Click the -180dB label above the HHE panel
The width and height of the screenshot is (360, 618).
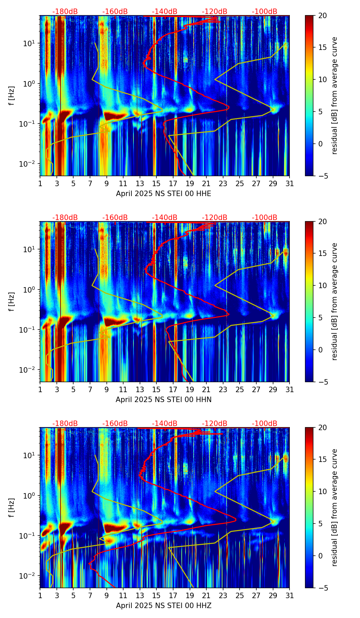tap(65, 12)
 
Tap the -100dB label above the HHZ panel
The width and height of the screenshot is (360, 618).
tap(265, 424)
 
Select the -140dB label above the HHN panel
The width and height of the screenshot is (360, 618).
tap(165, 218)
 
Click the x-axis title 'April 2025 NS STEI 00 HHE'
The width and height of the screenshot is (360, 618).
tap(164, 194)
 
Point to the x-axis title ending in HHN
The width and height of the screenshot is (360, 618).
tap(164, 400)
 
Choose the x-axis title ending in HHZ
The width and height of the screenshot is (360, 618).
tap(164, 606)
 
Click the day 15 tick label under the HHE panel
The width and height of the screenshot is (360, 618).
tap(156, 184)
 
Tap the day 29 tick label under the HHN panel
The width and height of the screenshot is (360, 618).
tap(273, 390)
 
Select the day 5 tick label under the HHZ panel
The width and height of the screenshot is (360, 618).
tap(73, 596)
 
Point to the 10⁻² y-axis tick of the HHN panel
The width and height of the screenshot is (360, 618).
tap(30, 370)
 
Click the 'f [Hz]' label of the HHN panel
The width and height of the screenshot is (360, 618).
tap(12, 301)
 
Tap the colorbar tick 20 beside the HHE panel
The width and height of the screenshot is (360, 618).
tap(322, 16)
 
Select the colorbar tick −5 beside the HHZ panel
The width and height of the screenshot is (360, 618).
tap(322, 588)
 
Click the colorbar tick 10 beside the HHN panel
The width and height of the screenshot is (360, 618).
tap(322, 285)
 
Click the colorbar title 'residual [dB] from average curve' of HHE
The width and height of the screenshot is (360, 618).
tap(334, 95)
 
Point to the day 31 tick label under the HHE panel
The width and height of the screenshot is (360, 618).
tap(290, 184)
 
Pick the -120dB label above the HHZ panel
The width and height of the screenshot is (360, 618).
tap(215, 424)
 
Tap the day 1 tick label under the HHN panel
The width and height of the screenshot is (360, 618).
tap(40, 390)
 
